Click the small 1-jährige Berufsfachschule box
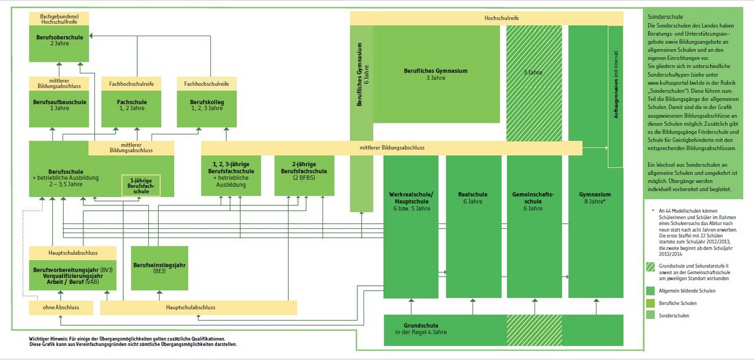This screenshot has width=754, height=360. click(x=142, y=186)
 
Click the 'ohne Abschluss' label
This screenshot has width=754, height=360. click(x=59, y=307)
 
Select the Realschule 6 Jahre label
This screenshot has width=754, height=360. click(x=473, y=197)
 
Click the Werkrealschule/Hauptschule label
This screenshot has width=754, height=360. click(x=411, y=201)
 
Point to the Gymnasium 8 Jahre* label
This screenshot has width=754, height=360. click(x=595, y=197)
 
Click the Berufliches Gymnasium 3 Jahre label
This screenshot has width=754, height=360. click(x=436, y=74)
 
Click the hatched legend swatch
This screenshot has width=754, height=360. click(x=650, y=267)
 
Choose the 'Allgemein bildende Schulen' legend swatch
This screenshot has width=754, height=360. click(x=650, y=291)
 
